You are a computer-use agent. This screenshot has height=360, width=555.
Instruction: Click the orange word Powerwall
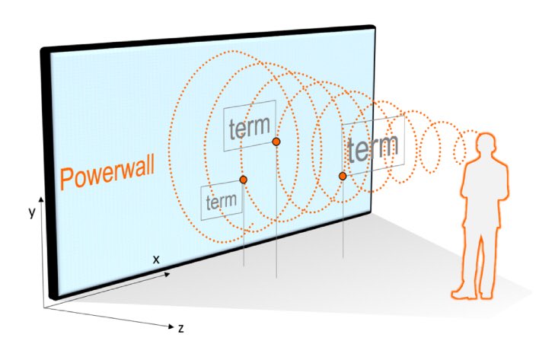107,174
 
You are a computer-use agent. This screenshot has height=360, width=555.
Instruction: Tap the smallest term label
222,201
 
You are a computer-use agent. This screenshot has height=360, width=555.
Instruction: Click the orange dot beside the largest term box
343,176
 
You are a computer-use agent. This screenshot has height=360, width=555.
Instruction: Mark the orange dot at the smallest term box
243,180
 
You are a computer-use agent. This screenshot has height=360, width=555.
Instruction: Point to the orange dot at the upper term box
276,142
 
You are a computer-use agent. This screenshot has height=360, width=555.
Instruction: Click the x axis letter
156,260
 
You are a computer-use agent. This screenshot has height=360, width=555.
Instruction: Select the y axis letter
32,212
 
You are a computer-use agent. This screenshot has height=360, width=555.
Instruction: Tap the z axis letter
181,329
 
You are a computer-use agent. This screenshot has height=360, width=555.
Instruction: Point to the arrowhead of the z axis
171,327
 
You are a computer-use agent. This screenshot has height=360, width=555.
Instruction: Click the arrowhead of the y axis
41,199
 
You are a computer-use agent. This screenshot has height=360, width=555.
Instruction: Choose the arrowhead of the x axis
167,274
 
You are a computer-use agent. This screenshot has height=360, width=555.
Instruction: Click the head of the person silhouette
486,145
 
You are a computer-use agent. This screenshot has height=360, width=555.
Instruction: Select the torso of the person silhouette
485,191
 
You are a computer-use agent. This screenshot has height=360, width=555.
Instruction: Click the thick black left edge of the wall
47,174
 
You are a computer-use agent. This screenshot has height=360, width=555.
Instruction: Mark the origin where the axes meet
44,307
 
